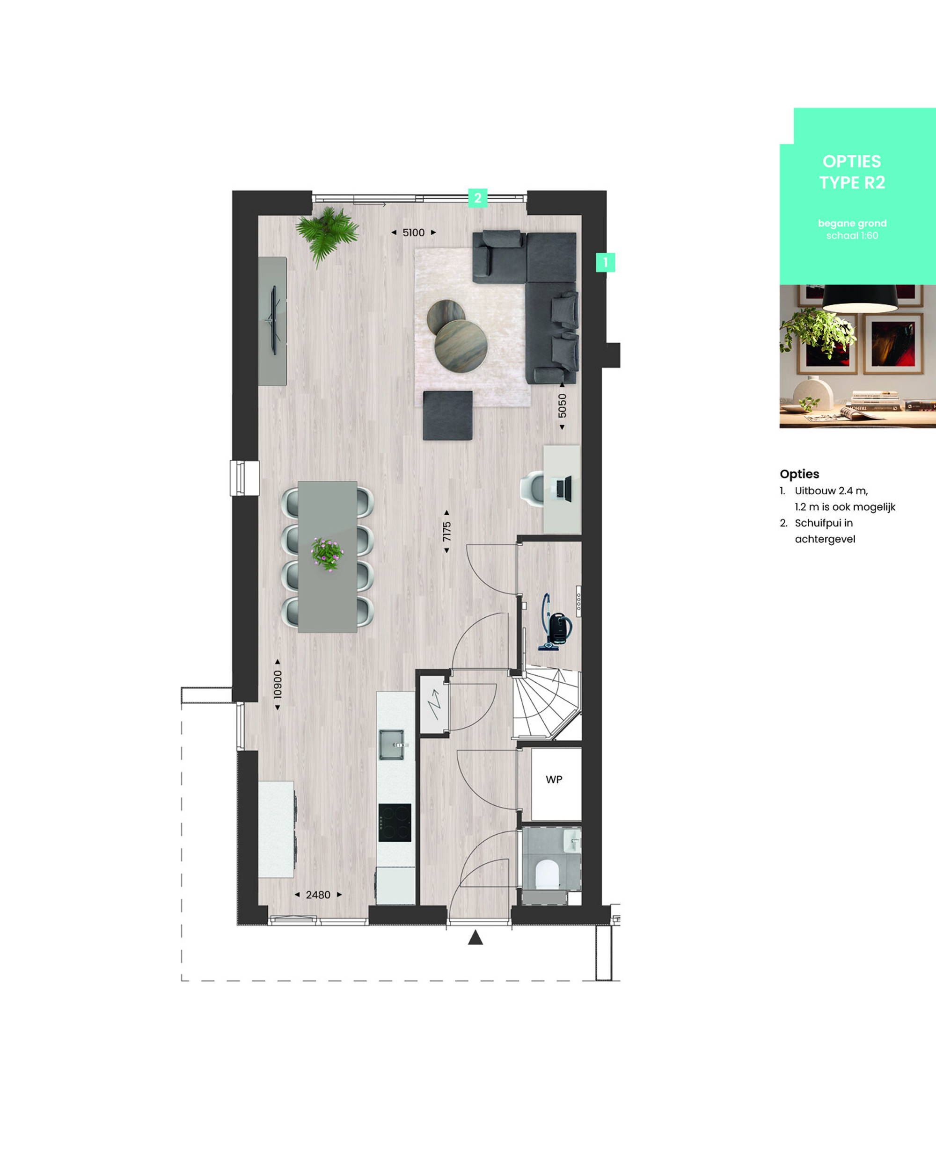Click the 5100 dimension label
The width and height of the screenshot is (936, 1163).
point(414,232)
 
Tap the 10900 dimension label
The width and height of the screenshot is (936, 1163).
point(278,684)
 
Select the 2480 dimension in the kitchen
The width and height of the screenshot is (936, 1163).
point(318,895)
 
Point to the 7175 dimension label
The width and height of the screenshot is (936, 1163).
point(446,531)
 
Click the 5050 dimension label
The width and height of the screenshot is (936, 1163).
point(562,405)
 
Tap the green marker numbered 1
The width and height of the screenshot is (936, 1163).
point(605,263)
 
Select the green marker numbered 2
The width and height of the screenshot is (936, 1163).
point(478,198)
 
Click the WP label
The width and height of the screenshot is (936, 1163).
point(554,780)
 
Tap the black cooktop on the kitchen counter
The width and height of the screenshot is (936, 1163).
point(395,823)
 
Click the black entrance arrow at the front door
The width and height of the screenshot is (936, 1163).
point(475,937)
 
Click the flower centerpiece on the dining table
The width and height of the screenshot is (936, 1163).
point(327,554)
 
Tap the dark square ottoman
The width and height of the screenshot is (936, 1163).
point(447,415)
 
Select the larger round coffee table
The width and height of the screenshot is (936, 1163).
point(461,346)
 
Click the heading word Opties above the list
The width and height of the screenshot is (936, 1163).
point(799,474)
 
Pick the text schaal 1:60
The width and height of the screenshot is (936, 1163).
point(852,236)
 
